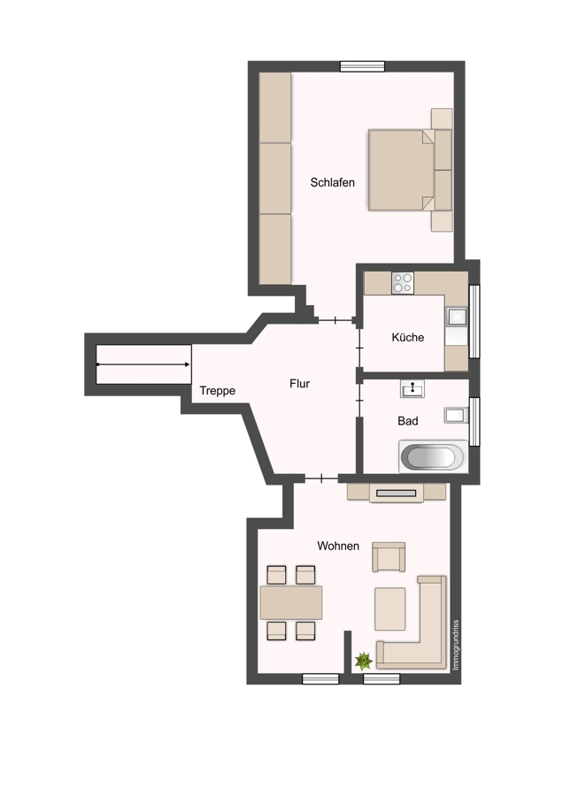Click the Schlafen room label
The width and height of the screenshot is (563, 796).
click(332, 182)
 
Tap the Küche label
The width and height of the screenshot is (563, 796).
click(407, 337)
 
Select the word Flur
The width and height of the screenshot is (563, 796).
click(299, 384)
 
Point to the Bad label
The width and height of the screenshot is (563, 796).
click(407, 421)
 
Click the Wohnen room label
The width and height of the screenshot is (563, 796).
click(338, 546)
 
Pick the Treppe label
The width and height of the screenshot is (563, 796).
click(218, 391)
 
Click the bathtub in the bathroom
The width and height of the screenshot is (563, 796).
click(434, 457)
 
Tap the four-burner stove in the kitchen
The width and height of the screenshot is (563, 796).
click(403, 283)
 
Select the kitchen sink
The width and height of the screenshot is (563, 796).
click(456, 317)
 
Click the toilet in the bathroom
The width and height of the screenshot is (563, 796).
click(456, 416)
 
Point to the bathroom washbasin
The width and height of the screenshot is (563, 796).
click(413, 388)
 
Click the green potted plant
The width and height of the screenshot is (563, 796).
click(363, 661)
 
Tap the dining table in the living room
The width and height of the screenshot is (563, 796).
click(291, 602)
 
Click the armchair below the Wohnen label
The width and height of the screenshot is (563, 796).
click(389, 557)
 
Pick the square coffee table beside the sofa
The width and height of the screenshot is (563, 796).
click(389, 608)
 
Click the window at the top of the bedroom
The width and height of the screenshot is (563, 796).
click(362, 66)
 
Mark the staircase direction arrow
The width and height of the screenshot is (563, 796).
click(143, 364)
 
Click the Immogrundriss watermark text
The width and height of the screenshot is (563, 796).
click(456, 645)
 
